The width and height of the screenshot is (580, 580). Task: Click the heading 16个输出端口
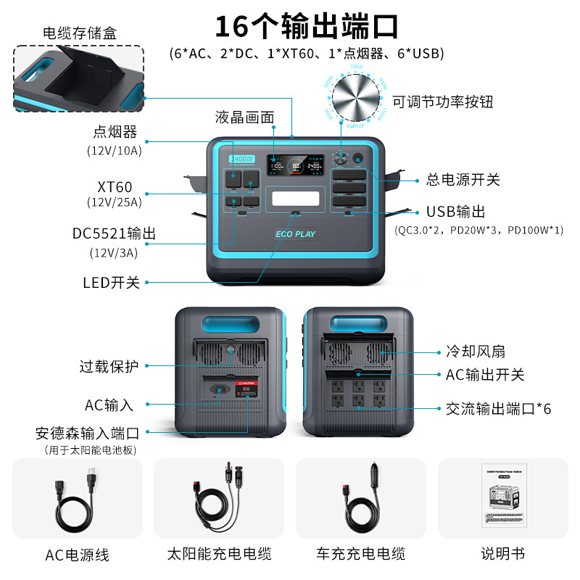click(x=307, y=27)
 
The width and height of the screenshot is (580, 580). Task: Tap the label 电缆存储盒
click(x=80, y=33)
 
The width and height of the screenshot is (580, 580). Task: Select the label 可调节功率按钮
click(x=442, y=101)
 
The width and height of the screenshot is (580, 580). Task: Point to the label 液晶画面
click(x=245, y=117)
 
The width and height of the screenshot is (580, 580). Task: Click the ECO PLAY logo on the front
click(x=295, y=234)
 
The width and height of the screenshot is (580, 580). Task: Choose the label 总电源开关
click(x=464, y=180)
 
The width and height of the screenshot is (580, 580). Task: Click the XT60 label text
click(x=115, y=187)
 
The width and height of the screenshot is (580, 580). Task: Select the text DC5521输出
click(x=114, y=233)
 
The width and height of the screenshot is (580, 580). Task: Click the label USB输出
click(x=456, y=212)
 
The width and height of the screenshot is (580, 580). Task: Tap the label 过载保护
click(x=109, y=367)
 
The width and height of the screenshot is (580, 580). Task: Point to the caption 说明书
click(x=502, y=554)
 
